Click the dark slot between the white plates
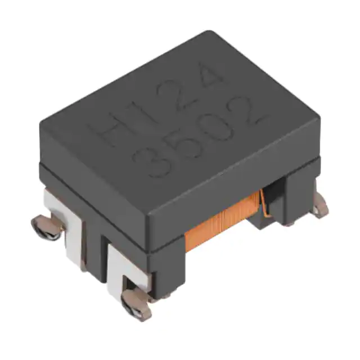tap(96, 247)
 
